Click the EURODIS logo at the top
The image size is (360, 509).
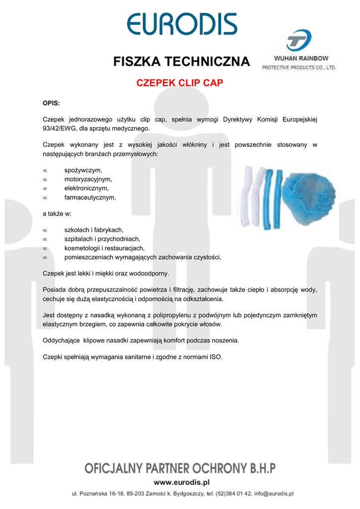coord(181,24)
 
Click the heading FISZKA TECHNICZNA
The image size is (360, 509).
coord(181,62)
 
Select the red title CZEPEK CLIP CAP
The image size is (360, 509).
coord(180,83)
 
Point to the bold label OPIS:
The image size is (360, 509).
coord(51,103)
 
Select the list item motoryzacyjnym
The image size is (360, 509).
coord(88,179)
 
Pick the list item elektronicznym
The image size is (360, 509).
coord(87,188)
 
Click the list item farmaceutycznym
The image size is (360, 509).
coord(90,197)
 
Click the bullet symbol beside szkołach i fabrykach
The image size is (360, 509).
coord(45,230)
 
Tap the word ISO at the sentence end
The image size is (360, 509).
coord(215,357)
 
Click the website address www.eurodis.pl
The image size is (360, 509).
coord(181,482)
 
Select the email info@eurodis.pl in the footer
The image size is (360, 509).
coord(274,494)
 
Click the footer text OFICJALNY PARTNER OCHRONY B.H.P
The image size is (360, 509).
coord(180,468)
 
